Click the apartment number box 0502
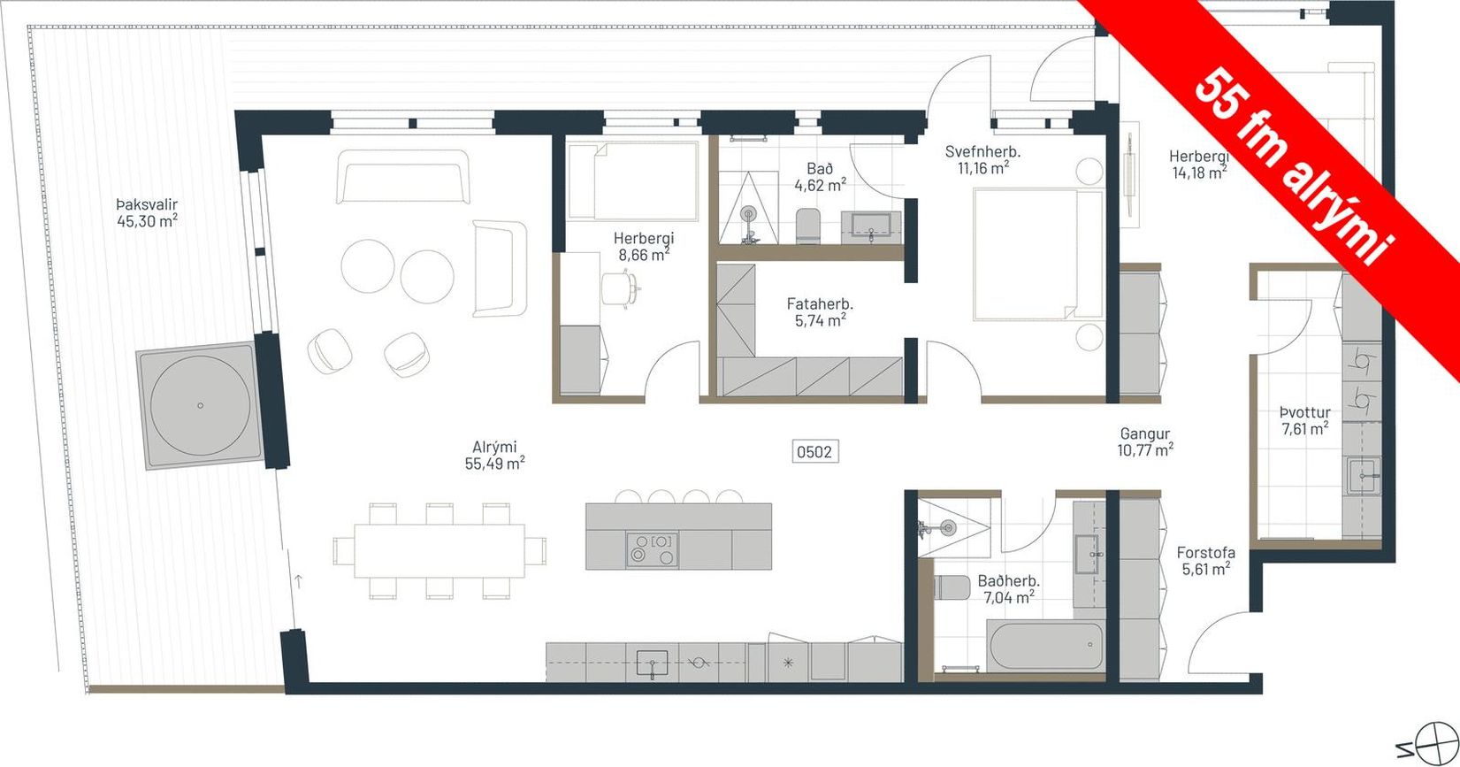(814, 451)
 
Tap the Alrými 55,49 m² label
(495, 456)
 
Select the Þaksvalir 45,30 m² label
(148, 212)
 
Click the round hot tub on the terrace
(200, 405)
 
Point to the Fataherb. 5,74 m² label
(820, 311)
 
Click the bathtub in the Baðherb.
(1045, 646)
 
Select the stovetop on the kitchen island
(652, 549)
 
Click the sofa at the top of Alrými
(402, 177)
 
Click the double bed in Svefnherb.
(1037, 255)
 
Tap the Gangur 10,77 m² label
(1145, 441)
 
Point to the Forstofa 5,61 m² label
(1206, 561)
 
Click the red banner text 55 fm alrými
(1294, 165)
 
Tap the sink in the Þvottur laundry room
(1364, 475)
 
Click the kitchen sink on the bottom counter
(652, 664)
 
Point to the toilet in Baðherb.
(952, 587)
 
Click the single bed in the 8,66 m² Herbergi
(633, 180)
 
